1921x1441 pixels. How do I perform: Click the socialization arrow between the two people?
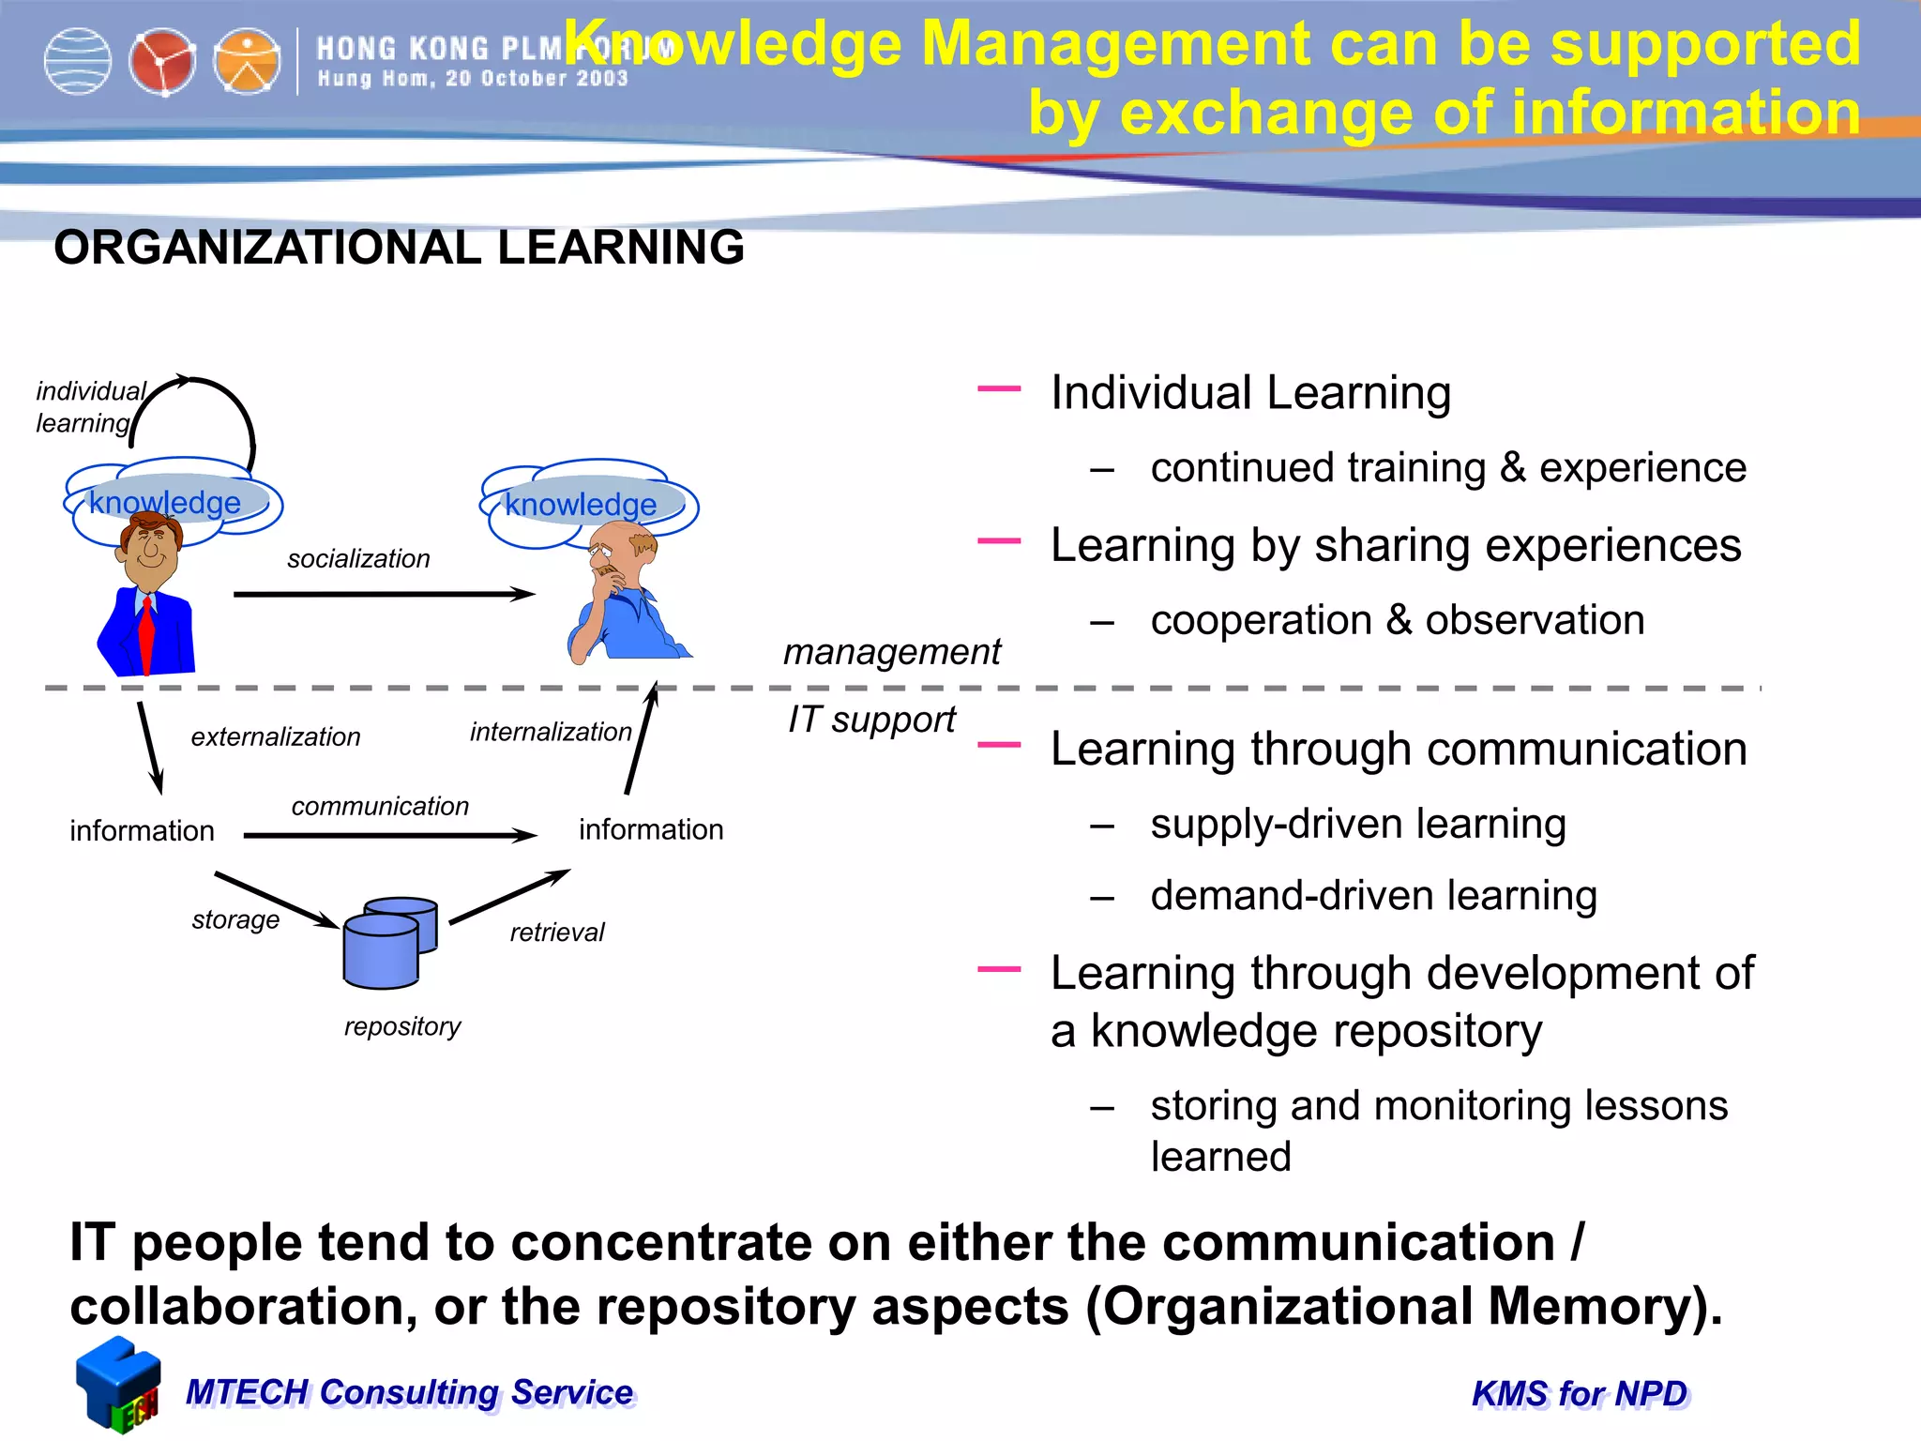(x=385, y=594)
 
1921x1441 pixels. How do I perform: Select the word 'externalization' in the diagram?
(x=276, y=737)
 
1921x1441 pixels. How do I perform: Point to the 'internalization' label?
(x=551, y=732)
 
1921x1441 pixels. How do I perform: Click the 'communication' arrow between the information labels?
(x=389, y=835)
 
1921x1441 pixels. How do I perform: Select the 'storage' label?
(x=235, y=919)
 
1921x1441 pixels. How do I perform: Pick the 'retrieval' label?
(x=557, y=932)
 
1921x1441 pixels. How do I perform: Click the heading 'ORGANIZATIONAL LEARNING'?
(x=399, y=248)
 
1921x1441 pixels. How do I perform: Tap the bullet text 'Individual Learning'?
(x=1250, y=392)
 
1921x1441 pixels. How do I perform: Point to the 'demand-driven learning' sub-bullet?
(x=1373, y=896)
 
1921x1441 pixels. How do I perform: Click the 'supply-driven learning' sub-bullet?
(x=1358, y=824)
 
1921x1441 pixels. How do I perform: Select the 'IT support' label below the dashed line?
(x=871, y=720)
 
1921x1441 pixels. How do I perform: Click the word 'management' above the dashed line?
(x=892, y=651)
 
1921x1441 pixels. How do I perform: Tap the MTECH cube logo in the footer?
(x=118, y=1385)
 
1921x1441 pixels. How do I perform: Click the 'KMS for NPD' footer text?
(x=1580, y=1394)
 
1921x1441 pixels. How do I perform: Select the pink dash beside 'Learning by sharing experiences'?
(x=999, y=541)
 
